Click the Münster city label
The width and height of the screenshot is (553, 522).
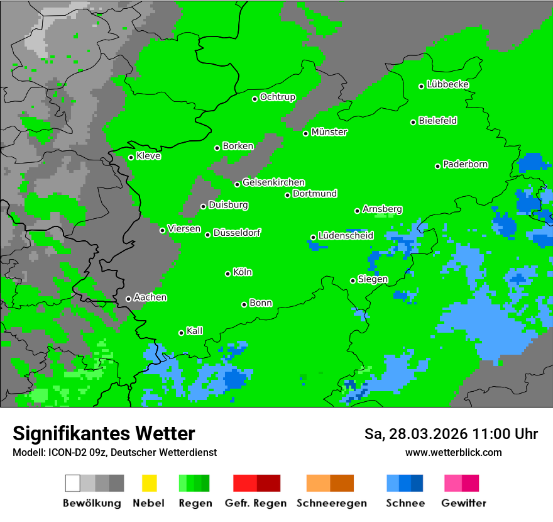pos(329,132)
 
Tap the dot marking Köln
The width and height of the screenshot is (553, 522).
pos(227,274)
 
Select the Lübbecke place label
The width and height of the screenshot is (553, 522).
pos(447,84)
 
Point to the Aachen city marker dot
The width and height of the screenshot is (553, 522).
pos(128,299)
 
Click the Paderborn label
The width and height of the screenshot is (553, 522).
pos(465,164)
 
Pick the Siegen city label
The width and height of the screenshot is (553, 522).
pos(373,279)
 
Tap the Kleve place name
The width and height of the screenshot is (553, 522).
pos(148,156)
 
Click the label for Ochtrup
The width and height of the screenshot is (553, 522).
pos(278,97)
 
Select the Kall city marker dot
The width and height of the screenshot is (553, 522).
pos(181,333)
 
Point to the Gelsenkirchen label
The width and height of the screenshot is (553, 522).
pos(273,182)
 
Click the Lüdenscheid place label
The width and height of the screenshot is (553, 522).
pos(346,236)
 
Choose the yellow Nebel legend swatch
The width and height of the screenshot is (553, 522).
pos(149,483)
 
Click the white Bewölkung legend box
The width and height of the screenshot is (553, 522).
pos(73,483)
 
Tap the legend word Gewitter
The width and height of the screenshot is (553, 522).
pos(464,503)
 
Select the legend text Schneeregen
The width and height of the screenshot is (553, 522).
pos(332,503)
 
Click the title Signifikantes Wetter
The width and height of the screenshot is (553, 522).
pos(104,433)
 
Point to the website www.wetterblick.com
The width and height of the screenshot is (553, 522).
pos(453,452)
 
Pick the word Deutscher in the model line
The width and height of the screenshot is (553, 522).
pos(133,452)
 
